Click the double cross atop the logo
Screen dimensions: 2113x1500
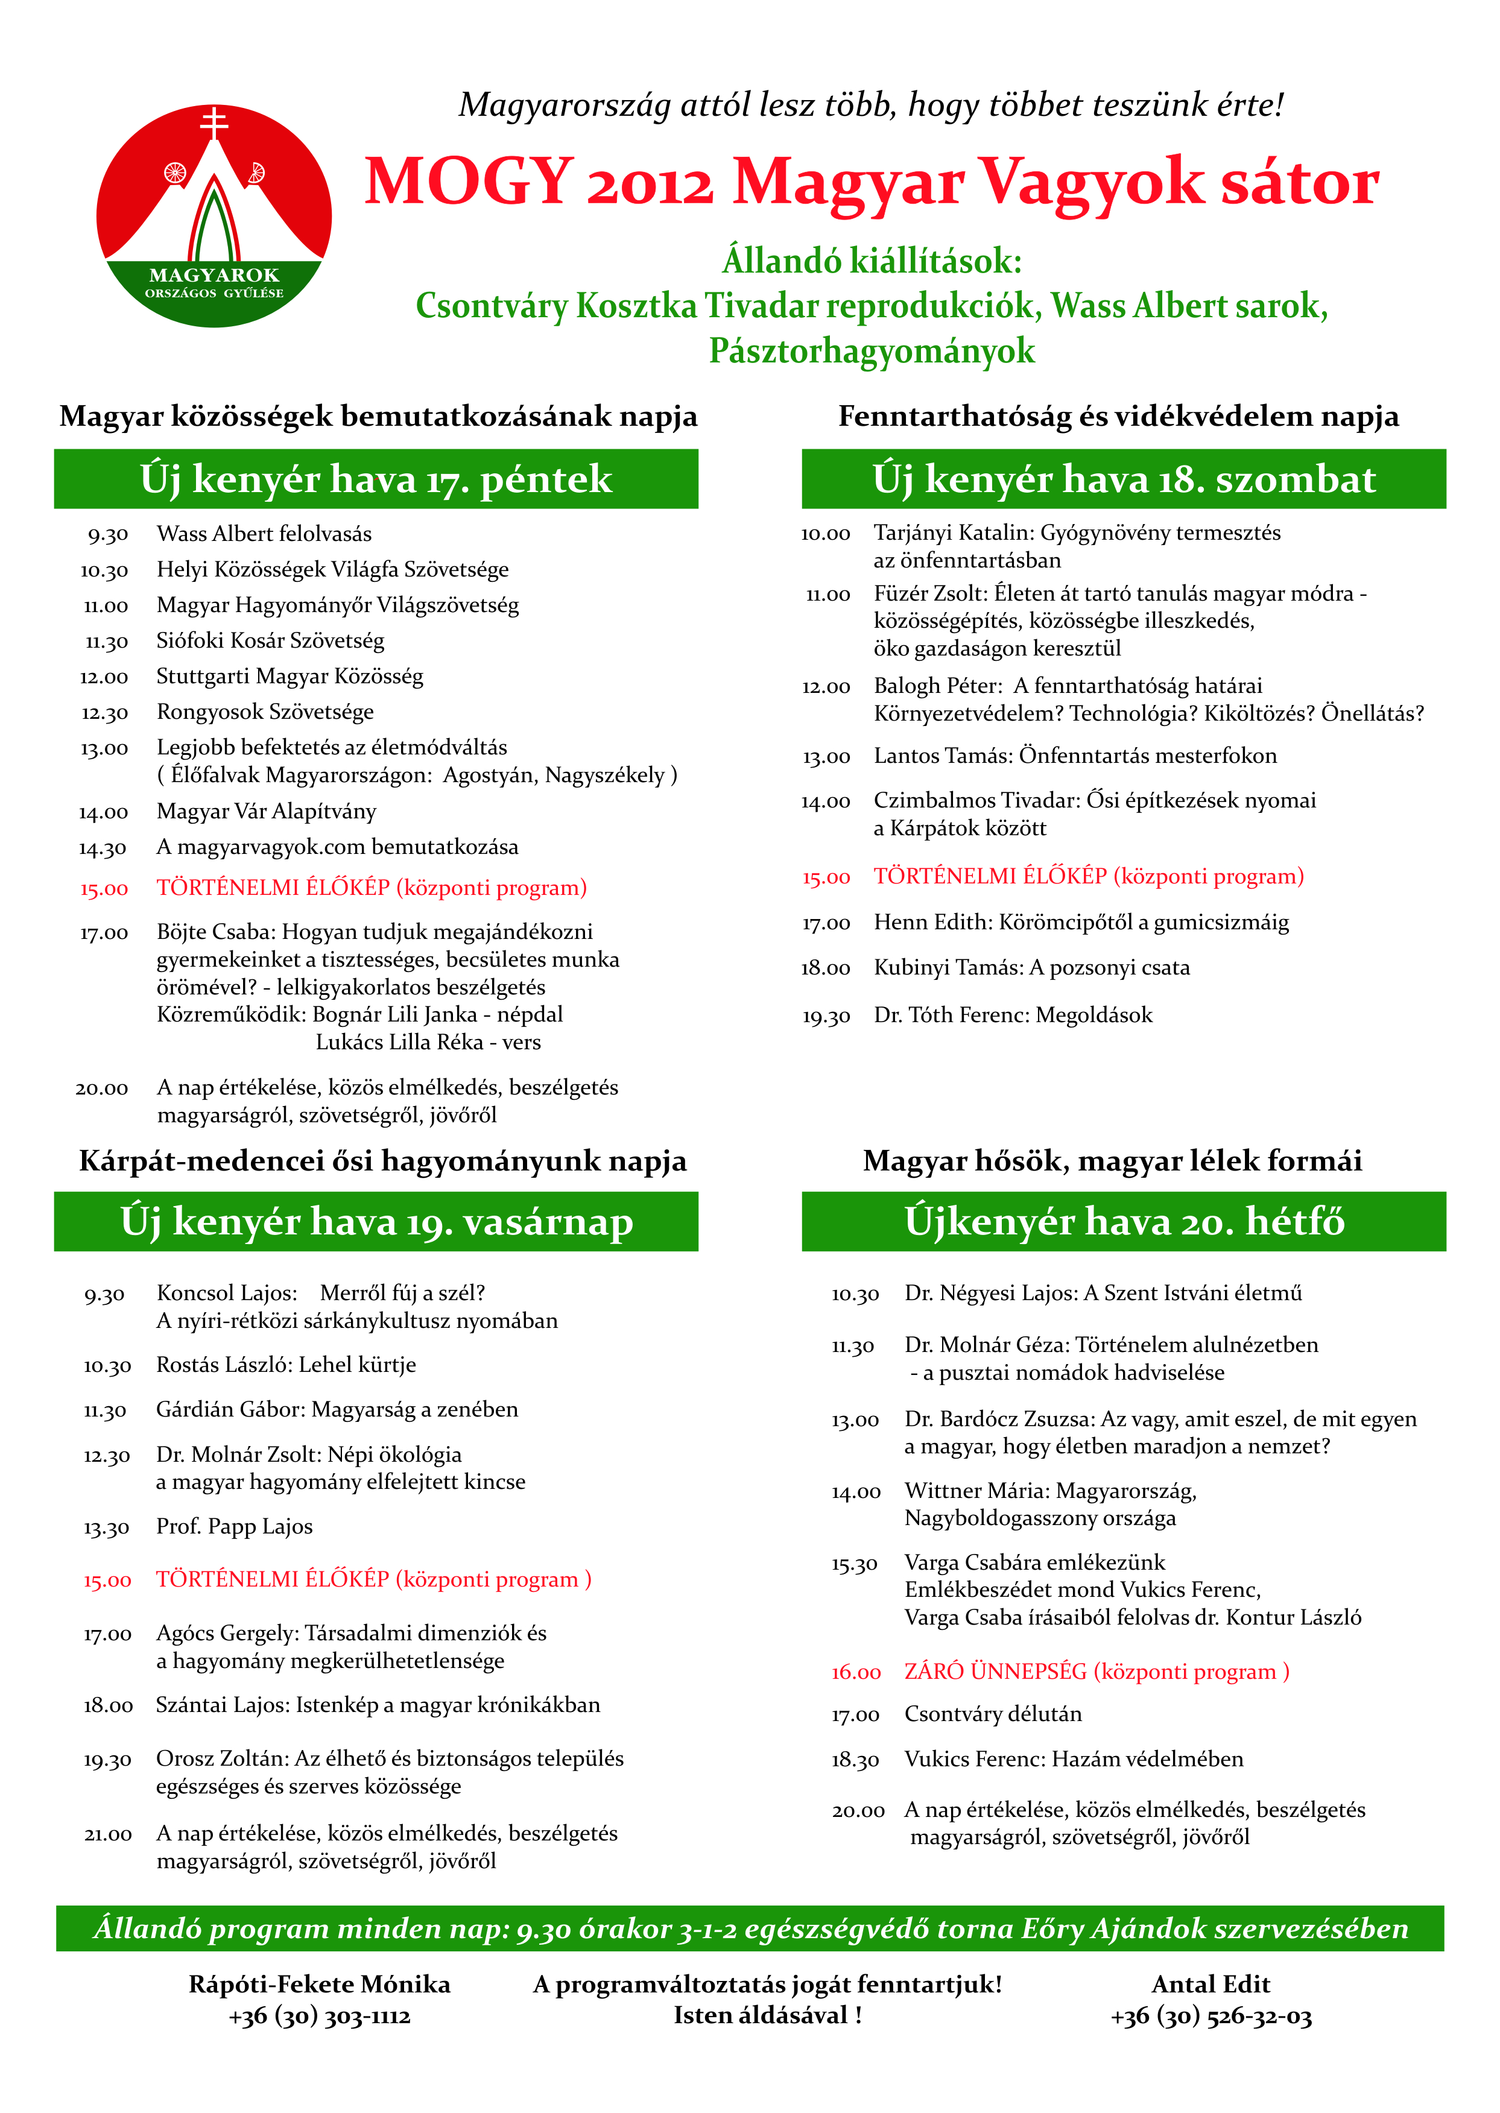click(x=214, y=123)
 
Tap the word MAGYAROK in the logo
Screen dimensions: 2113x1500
click(x=214, y=275)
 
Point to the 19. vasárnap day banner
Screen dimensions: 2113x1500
click(x=376, y=1222)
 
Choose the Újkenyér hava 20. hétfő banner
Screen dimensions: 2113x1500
click(x=1123, y=1222)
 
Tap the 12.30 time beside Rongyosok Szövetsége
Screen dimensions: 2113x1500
click(x=104, y=713)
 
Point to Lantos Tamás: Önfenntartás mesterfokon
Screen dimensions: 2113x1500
click(x=1075, y=756)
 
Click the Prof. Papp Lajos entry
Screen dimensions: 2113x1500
click(x=235, y=1527)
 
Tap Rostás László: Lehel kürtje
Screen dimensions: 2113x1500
click(x=286, y=1365)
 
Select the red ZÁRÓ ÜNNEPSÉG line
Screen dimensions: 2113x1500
click(x=1097, y=1672)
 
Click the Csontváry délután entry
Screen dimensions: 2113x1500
click(x=993, y=1714)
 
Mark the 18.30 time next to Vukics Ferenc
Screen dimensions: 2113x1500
click(x=855, y=1760)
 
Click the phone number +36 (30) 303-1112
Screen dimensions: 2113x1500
click(x=320, y=2016)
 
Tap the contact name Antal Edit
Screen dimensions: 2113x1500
click(x=1211, y=1985)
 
